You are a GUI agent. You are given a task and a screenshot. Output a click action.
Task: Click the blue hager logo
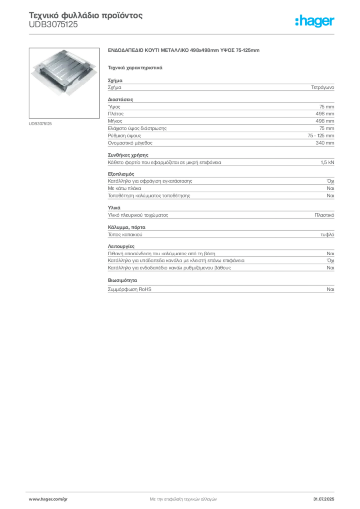pos(315,21)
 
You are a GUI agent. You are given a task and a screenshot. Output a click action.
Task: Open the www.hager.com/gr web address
pos(55,499)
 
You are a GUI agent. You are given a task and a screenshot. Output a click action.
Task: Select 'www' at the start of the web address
pos(33,499)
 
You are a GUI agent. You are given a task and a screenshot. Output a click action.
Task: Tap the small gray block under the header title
pos(53,28)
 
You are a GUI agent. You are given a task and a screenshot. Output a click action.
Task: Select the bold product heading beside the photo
pos(184,52)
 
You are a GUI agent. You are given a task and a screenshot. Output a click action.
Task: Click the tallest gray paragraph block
pos(220,123)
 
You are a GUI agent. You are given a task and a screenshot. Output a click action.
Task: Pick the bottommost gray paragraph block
pos(220,287)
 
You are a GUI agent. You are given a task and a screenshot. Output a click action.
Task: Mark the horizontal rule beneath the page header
pos(183,34)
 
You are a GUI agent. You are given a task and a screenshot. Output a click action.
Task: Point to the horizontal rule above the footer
pos(183,490)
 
